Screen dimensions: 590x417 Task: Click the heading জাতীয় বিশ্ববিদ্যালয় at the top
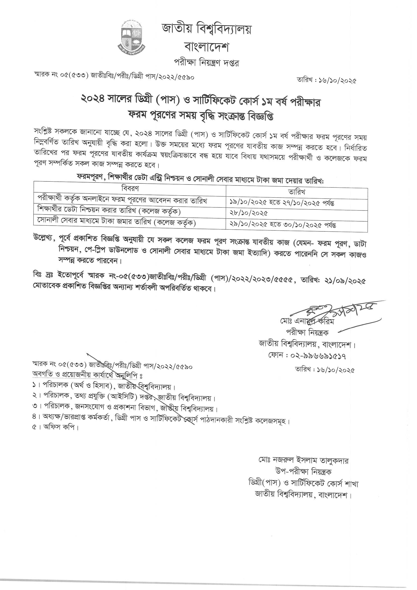point(207,30)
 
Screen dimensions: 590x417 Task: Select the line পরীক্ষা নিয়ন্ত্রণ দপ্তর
point(207,63)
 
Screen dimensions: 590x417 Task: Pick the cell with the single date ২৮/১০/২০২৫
point(249,213)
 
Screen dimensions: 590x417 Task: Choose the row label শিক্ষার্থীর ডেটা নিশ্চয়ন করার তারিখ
point(109,211)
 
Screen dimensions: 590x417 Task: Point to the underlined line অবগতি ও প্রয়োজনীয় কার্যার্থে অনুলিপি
point(87,375)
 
